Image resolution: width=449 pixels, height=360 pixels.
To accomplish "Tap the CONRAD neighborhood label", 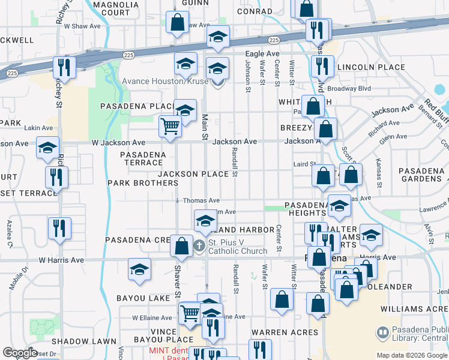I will point(255,11).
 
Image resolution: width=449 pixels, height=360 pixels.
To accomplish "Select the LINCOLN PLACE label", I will point(371,67).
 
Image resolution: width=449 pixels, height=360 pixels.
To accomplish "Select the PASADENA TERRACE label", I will point(142,158).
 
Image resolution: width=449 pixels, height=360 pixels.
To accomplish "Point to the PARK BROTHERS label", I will point(134,182).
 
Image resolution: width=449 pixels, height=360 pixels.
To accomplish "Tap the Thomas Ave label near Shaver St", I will point(201,200).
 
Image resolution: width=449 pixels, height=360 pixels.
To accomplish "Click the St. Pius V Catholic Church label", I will point(238,247).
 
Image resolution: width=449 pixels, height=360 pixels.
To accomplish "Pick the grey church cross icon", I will point(200,246).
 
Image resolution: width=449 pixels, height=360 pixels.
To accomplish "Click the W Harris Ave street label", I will point(61,260).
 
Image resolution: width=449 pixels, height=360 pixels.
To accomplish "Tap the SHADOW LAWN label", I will point(92,341).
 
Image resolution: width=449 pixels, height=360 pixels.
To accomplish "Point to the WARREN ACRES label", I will point(285,332).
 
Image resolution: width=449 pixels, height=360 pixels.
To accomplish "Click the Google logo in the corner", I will point(20,353).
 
